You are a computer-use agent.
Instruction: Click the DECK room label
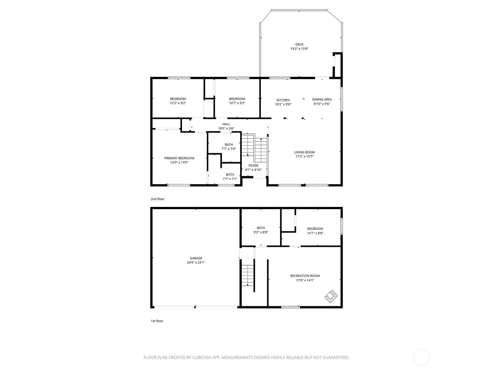point(299,44)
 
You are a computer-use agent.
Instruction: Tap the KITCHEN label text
point(283,100)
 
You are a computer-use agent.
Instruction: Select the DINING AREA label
point(322,99)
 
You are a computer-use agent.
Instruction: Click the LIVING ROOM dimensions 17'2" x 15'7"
point(304,156)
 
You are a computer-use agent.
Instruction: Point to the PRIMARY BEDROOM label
point(179,158)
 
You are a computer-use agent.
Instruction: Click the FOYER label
point(253,166)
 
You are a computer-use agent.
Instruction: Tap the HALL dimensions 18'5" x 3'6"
point(226,129)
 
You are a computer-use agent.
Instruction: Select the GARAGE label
point(196,258)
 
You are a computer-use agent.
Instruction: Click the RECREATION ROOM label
point(305,276)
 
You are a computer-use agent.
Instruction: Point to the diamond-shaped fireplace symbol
point(331,297)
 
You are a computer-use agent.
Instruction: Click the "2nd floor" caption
point(157,199)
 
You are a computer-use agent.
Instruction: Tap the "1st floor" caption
point(157,321)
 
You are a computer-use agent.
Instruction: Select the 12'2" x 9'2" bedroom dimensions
point(178,103)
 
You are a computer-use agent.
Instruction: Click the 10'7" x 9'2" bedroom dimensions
point(237,103)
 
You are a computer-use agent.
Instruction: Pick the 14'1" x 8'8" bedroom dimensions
point(315,233)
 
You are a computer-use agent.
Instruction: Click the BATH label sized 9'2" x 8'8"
point(261,228)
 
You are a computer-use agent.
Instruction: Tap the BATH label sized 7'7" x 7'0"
point(229,145)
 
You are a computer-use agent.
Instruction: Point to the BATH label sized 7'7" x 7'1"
point(230,175)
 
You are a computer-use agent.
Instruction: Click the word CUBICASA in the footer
point(202,357)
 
